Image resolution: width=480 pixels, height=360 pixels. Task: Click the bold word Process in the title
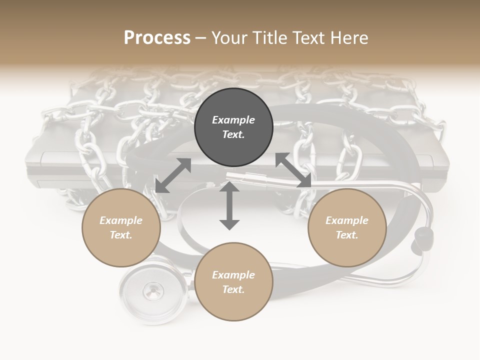tap(157, 37)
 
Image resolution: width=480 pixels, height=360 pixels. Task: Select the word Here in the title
tap(349, 37)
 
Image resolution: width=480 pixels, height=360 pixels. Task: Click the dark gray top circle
tap(233, 127)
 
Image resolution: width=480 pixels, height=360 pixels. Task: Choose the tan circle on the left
tap(121, 227)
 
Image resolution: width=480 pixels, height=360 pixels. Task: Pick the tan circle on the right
tap(347, 227)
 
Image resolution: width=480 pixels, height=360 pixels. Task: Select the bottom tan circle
tap(233, 281)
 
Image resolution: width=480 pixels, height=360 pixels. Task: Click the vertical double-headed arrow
tap(229, 205)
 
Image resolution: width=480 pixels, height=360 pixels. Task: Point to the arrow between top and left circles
tap(173, 175)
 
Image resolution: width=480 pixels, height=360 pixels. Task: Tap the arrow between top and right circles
tap(293, 170)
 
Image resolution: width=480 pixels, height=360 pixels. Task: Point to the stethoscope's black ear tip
tap(423, 234)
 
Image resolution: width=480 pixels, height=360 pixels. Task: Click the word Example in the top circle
tap(233, 120)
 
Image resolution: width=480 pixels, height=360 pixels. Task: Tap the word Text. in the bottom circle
tap(233, 289)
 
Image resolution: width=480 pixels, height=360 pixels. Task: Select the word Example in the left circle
tap(121, 220)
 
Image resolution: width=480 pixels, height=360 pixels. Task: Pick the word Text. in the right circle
tap(347, 235)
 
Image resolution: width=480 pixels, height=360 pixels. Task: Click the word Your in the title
tap(227, 37)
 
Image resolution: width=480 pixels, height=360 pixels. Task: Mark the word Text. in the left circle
tap(121, 235)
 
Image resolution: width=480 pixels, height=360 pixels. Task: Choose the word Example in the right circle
tap(347, 220)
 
